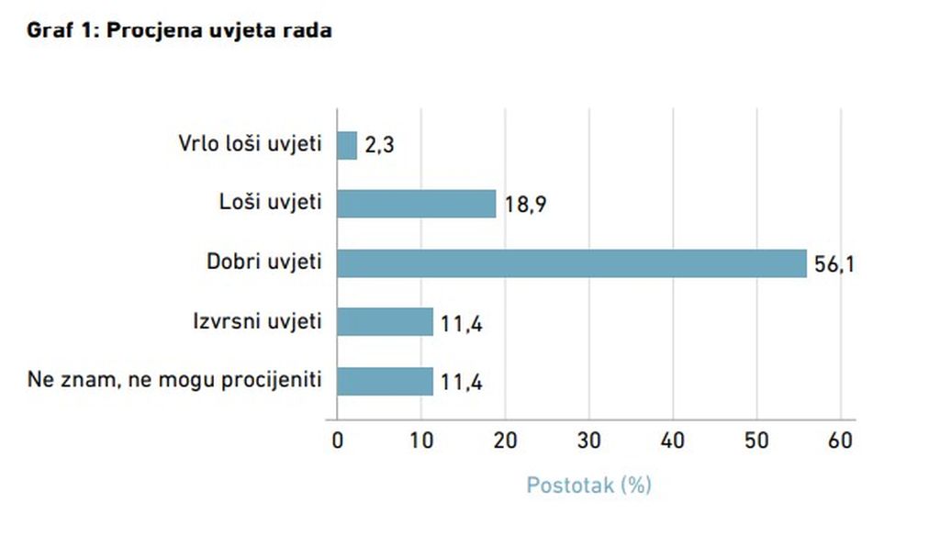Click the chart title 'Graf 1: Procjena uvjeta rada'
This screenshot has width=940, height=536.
[179, 30]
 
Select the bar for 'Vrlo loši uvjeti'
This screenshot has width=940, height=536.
[347, 145]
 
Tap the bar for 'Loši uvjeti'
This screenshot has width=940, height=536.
[417, 204]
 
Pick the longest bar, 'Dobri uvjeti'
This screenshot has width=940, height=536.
[571, 262]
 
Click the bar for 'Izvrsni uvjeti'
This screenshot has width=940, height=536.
[385, 321]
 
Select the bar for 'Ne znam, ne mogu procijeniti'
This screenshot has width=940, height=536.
[385, 380]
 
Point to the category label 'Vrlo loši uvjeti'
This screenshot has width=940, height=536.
[249, 144]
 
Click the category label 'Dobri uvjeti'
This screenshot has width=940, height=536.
[264, 262]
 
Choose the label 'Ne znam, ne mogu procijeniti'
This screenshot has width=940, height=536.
[175, 379]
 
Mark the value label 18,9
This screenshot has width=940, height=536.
[526, 204]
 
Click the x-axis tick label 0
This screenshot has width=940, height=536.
[337, 441]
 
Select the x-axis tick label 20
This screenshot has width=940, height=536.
[504, 441]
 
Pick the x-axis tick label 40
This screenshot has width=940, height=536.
[673, 441]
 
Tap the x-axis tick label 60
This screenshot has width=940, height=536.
[840, 441]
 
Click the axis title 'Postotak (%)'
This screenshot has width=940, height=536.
[588, 485]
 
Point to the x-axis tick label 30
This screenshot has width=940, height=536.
[588, 441]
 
